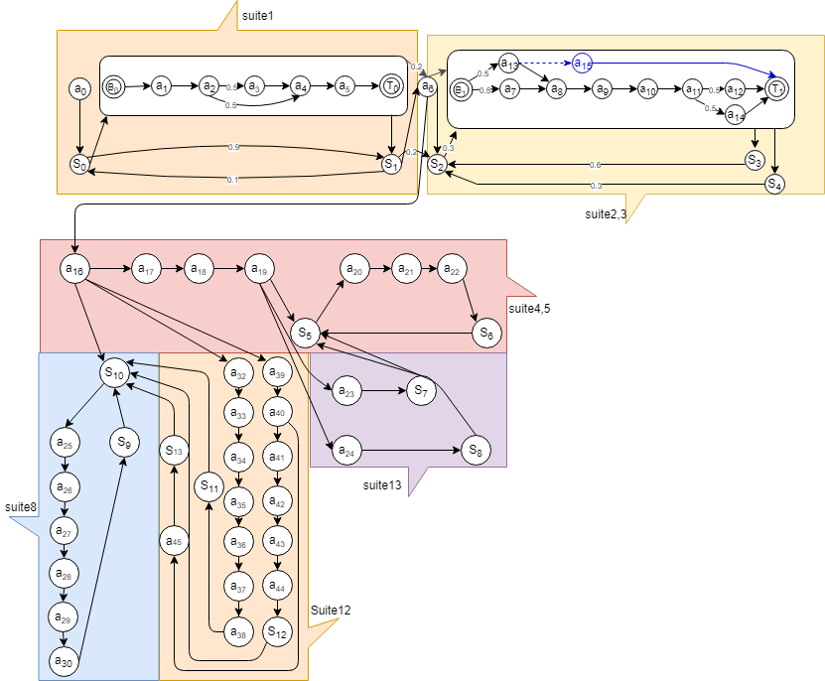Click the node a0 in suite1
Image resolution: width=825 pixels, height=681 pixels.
point(79,88)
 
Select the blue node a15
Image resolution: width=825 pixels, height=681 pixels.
point(583,64)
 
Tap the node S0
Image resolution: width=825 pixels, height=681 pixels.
point(79,164)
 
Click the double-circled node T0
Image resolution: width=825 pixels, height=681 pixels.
point(392,86)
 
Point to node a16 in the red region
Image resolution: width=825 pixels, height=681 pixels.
point(74,268)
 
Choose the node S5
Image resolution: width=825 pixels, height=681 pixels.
point(306,335)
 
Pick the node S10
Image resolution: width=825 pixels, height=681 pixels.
point(113,372)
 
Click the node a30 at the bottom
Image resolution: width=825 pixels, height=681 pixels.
point(65,661)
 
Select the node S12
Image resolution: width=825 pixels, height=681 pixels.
point(277,630)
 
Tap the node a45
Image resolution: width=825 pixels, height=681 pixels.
point(174,541)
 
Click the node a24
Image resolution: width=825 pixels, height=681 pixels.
point(345,452)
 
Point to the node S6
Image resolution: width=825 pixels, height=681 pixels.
point(484,335)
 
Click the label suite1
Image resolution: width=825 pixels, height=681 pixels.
point(258,17)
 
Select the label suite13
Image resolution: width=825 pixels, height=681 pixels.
point(382,484)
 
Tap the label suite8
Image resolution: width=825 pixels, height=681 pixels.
point(21,507)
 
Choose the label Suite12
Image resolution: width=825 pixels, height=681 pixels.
point(330,610)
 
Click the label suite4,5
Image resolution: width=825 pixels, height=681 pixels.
point(529,309)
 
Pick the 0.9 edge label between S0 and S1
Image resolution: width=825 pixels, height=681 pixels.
point(233,147)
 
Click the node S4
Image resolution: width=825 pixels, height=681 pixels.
point(774,184)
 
